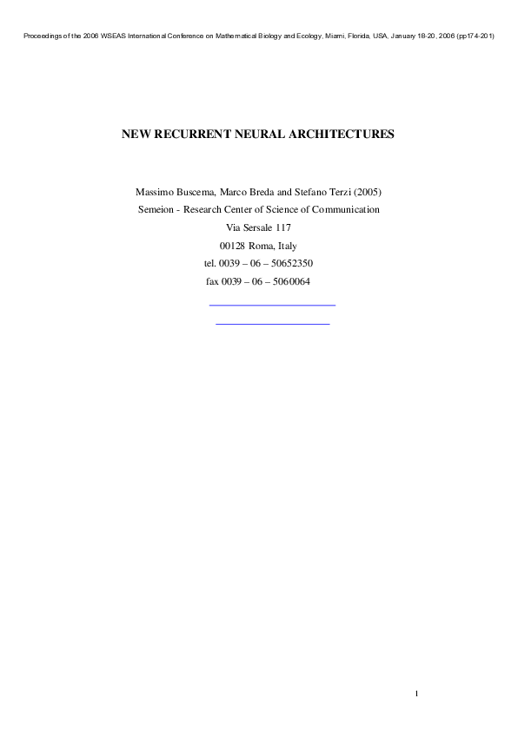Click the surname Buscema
[x=201, y=191]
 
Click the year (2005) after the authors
[x=366, y=191]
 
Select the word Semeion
[x=157, y=209]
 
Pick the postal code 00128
[x=232, y=246]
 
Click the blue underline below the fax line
[x=272, y=305]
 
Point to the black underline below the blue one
[x=272, y=323]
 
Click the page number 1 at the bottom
[x=417, y=692]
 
